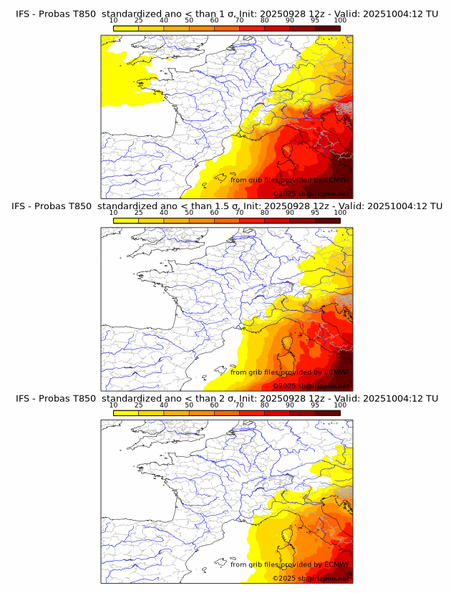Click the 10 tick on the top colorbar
[113, 21]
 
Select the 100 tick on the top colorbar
[340, 21]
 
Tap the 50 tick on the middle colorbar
[189, 213]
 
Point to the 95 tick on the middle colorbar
[315, 213]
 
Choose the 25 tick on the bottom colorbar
[138, 405]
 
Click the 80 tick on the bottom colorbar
[265, 405]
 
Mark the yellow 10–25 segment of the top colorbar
[126, 28]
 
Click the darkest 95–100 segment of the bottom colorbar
[327, 413]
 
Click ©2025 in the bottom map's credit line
[284, 578]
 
